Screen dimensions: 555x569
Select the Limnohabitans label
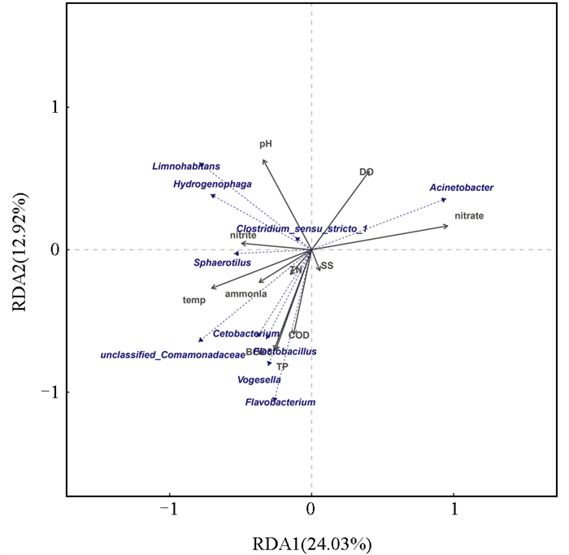point(186,167)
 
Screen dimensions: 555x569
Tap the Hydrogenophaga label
point(212,184)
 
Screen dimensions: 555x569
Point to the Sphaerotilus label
point(222,262)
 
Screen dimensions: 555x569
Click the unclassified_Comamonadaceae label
point(172,355)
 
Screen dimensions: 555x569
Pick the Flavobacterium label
point(280,402)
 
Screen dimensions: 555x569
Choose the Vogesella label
point(259,379)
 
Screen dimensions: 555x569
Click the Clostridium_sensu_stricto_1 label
point(302,229)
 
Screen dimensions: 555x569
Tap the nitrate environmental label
point(470,216)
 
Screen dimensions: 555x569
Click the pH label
point(266,144)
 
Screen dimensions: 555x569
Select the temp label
point(193,300)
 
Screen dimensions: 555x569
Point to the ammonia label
point(245,294)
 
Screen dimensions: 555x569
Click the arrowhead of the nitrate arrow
point(448,225)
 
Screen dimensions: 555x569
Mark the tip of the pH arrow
point(263,160)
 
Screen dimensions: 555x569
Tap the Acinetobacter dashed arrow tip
point(445,199)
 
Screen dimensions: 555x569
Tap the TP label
point(282,366)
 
